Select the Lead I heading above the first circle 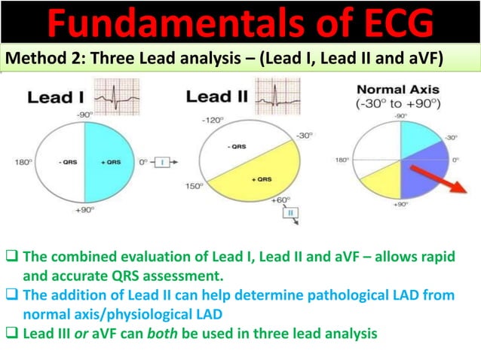[54, 97]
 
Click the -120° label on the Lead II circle [211, 120]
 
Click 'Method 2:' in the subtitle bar [38, 58]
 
